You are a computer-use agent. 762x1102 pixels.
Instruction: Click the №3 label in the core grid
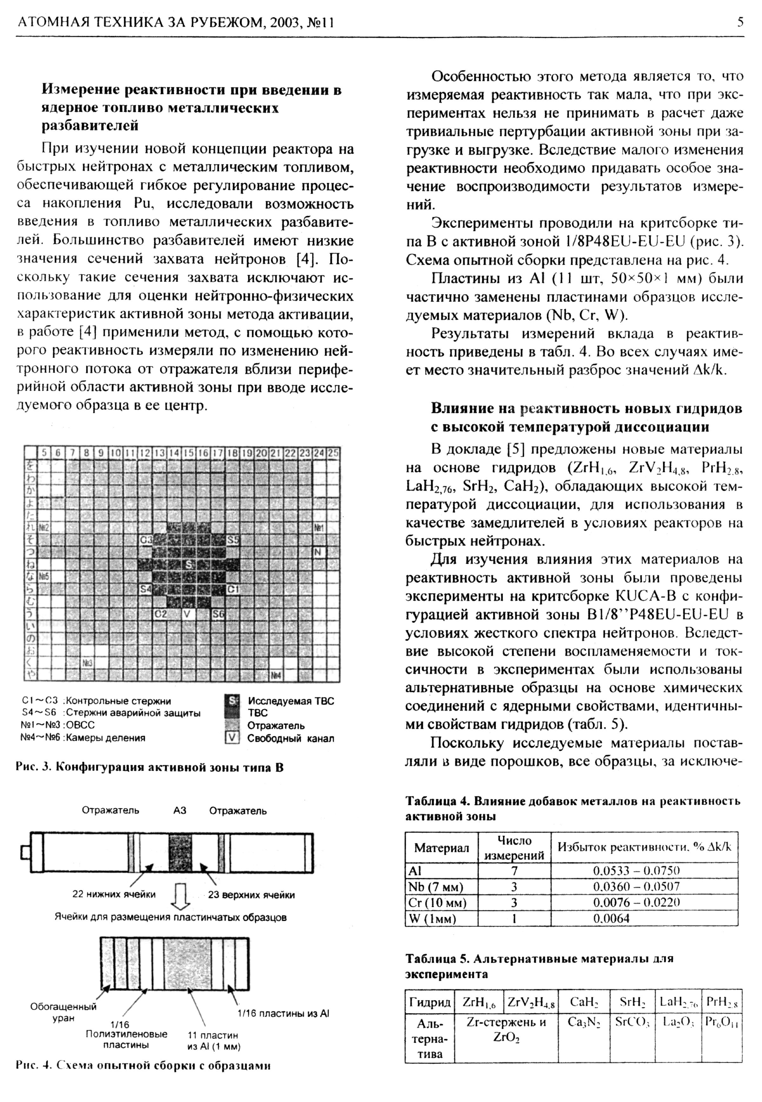coord(87,662)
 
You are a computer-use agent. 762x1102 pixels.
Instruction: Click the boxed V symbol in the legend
coord(231,738)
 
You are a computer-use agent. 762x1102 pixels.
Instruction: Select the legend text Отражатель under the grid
coord(276,726)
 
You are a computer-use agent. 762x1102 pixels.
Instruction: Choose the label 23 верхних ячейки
coord(251,895)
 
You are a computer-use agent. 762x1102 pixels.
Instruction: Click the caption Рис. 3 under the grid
coord(150,767)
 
